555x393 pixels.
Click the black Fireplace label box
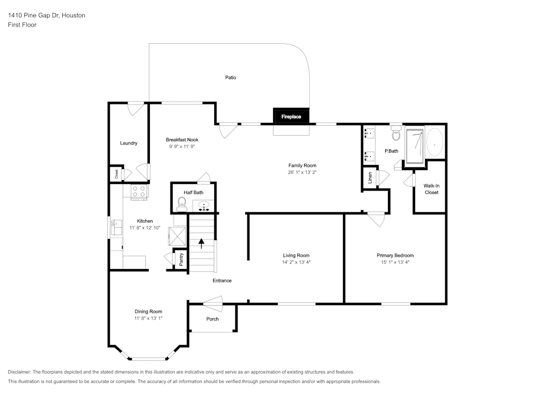click(x=291, y=117)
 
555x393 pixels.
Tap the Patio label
click(x=230, y=77)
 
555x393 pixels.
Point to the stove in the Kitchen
click(x=139, y=192)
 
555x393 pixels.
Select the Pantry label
click(x=180, y=259)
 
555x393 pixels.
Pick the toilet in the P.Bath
click(x=396, y=134)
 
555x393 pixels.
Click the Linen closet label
click(x=370, y=178)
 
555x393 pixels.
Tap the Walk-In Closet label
click(x=431, y=189)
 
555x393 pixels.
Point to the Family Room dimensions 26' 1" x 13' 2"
click(x=302, y=172)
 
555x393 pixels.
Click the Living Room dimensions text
click(x=295, y=262)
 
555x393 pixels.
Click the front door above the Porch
click(x=212, y=302)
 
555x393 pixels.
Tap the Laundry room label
click(x=129, y=143)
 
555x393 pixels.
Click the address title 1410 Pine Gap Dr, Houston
click(x=47, y=16)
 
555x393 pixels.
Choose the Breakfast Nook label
click(x=182, y=140)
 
